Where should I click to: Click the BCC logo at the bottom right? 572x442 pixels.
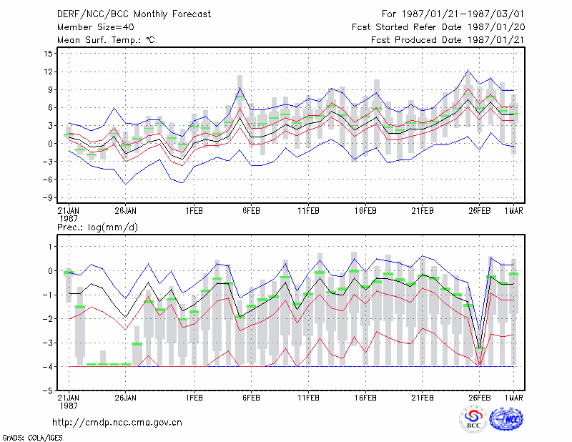tap(473, 420)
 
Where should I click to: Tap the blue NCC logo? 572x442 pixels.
tap(506, 419)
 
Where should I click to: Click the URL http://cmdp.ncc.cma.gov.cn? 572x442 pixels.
tap(117, 423)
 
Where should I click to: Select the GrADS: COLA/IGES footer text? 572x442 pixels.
tap(32, 437)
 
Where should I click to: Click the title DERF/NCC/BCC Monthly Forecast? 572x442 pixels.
tap(134, 14)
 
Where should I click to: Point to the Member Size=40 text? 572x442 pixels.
tap(96, 27)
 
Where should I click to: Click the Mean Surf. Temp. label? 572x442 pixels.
tap(106, 40)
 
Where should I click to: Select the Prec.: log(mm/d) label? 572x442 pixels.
tap(97, 227)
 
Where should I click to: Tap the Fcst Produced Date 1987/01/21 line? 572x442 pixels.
tap(448, 40)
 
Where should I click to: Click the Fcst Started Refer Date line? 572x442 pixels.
tap(438, 27)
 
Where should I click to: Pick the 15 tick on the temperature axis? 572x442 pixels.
tap(49, 54)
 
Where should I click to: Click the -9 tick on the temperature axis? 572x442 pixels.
tap(49, 197)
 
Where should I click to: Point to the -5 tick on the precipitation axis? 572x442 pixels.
tap(49, 391)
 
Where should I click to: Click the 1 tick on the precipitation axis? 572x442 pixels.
tap(51, 247)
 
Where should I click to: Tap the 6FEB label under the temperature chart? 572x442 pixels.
tap(252, 211)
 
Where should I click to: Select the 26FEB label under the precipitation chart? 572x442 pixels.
tap(479, 398)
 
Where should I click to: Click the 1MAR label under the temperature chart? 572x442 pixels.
tap(513, 211)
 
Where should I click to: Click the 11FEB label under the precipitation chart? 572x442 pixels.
tap(309, 398)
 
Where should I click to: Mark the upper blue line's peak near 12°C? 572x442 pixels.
tap(468, 69)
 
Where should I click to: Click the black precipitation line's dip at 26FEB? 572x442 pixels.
tap(480, 348)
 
